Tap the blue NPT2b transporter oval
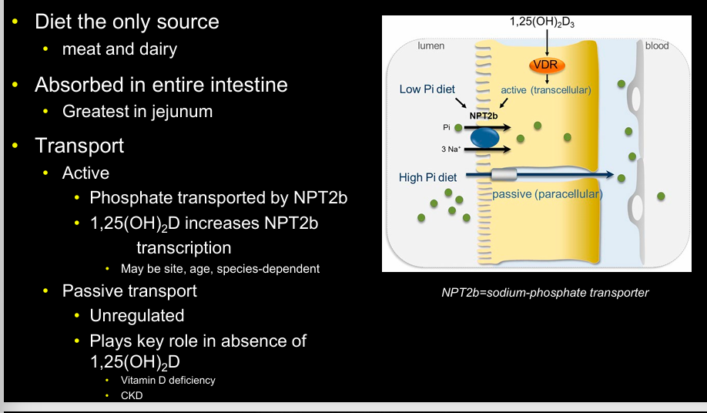(484, 137)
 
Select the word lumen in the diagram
(431, 46)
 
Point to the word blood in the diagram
(656, 46)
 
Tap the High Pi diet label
(427, 177)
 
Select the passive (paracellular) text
(547, 194)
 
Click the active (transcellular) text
(545, 90)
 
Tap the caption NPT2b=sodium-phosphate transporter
(544, 293)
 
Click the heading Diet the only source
(126, 22)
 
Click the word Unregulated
(136, 315)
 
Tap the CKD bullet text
(132, 395)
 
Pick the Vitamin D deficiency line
(168, 380)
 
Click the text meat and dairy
(119, 49)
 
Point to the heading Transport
(79, 145)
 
